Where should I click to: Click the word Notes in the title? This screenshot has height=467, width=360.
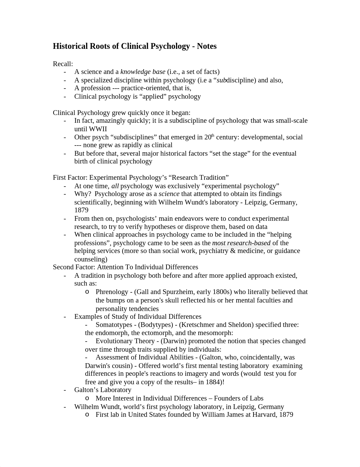[x=206, y=46]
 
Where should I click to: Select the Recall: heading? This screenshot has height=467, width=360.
[x=63, y=64]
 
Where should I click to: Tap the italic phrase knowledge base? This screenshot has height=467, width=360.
[x=143, y=72]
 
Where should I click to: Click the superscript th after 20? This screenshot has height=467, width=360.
[x=213, y=135]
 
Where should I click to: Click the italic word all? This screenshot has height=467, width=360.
[x=115, y=186]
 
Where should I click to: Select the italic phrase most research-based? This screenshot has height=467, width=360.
[x=241, y=243]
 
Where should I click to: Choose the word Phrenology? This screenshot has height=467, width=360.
[x=112, y=292]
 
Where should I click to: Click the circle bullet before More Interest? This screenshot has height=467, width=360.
[x=87, y=398]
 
